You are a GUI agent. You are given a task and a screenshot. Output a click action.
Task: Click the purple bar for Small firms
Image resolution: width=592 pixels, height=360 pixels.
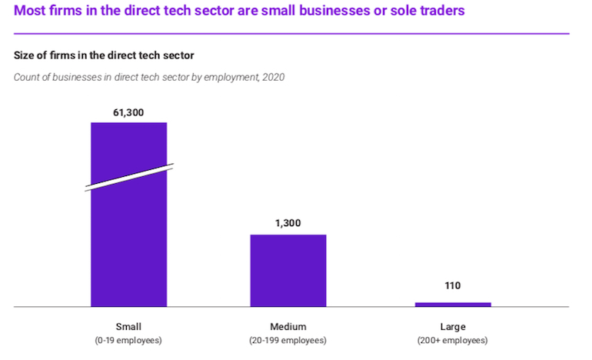point(128,238)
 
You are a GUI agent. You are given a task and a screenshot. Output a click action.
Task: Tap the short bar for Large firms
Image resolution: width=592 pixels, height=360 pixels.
point(452,305)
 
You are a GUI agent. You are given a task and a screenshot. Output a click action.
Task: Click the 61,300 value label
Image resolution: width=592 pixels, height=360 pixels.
point(128,112)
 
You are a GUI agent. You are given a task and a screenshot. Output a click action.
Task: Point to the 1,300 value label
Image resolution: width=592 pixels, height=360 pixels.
point(288,223)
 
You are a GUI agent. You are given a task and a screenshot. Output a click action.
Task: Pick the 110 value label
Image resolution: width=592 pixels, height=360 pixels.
point(452,286)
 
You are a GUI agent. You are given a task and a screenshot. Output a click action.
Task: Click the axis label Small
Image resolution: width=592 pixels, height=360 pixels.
point(128,326)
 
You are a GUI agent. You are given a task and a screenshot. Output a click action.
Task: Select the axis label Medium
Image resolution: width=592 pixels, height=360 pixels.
point(288,326)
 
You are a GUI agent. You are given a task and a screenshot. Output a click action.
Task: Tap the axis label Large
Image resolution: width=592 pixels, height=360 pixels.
point(452,326)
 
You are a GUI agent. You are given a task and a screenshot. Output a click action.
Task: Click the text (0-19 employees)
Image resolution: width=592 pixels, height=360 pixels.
point(128,340)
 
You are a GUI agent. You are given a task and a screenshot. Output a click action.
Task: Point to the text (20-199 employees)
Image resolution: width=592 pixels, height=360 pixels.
point(288,340)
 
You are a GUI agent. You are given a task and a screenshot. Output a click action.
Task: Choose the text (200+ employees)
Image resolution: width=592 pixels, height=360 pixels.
point(452,340)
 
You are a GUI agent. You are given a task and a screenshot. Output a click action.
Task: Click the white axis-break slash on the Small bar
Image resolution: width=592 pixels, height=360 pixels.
point(128,176)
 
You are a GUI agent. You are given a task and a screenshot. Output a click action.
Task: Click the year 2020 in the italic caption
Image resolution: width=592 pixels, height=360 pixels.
point(274,77)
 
